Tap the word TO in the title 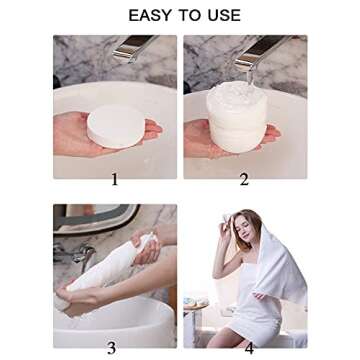187,15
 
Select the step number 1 115,180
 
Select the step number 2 244,180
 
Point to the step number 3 112,348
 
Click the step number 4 249,348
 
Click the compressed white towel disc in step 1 116,127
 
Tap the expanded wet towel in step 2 237,117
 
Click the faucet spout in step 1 133,48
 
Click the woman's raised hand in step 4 228,224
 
